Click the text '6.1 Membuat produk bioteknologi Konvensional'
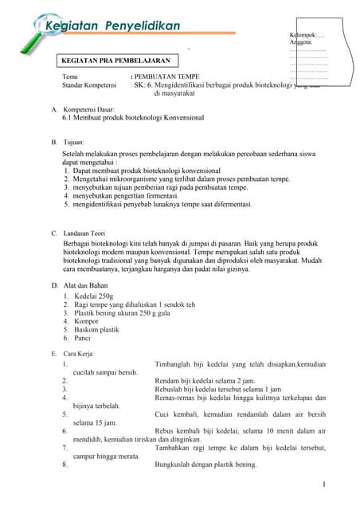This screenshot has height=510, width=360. coord(133,117)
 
